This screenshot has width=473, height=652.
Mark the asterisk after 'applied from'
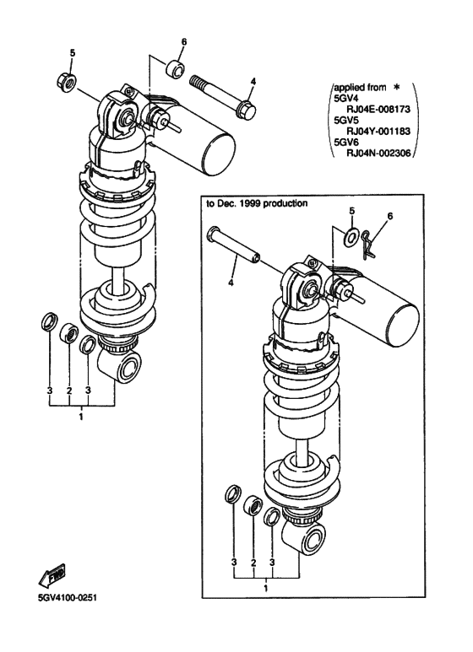[396, 85]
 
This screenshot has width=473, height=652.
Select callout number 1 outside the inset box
[81, 417]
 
